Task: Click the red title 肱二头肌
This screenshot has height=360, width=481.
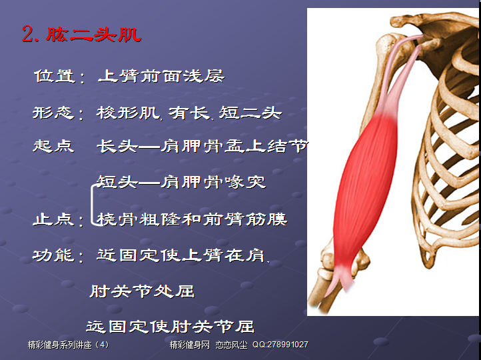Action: pyautogui.click(x=93, y=35)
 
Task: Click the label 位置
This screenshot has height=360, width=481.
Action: pyautogui.click(x=55, y=76)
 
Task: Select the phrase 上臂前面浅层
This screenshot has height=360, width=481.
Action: pyautogui.click(x=161, y=76)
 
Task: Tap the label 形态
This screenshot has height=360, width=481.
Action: pyautogui.click(x=53, y=113)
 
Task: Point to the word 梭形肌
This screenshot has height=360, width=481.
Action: pyautogui.click(x=128, y=113)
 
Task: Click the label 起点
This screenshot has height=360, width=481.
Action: pyautogui.click(x=53, y=146)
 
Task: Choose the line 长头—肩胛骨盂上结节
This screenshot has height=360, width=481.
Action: pyautogui.click(x=203, y=146)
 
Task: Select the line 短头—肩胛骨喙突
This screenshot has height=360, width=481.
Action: pyautogui.click(x=181, y=182)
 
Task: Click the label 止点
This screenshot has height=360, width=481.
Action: pyautogui.click(x=53, y=219)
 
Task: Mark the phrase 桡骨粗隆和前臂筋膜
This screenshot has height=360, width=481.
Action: pyautogui.click(x=192, y=219)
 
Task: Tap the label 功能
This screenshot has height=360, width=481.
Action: pyautogui.click(x=53, y=255)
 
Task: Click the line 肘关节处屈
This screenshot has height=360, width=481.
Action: pyautogui.click(x=142, y=291)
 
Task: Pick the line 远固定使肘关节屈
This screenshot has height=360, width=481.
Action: pyautogui.click(x=171, y=326)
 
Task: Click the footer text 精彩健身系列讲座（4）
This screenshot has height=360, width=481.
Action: pyautogui.click(x=68, y=345)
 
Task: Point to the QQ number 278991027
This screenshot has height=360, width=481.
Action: pyautogui.click(x=288, y=345)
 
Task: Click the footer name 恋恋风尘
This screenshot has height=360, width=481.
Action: pyautogui.click(x=231, y=345)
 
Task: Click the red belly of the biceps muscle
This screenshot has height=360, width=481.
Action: pyautogui.click(x=365, y=190)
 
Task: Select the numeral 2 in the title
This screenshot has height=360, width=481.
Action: pyautogui.click(x=27, y=35)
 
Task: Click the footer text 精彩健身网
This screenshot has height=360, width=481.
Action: pyautogui.click(x=190, y=345)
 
